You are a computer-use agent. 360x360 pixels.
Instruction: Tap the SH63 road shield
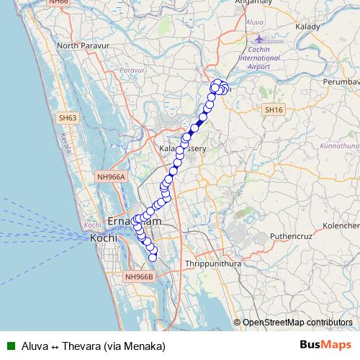click(x=68, y=117)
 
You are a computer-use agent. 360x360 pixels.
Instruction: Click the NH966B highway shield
click(x=140, y=276)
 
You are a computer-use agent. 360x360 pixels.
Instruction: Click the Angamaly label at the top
click(x=248, y=3)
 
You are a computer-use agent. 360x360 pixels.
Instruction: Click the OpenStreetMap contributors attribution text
click(x=297, y=323)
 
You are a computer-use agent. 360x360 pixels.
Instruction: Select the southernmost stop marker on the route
click(x=153, y=257)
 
